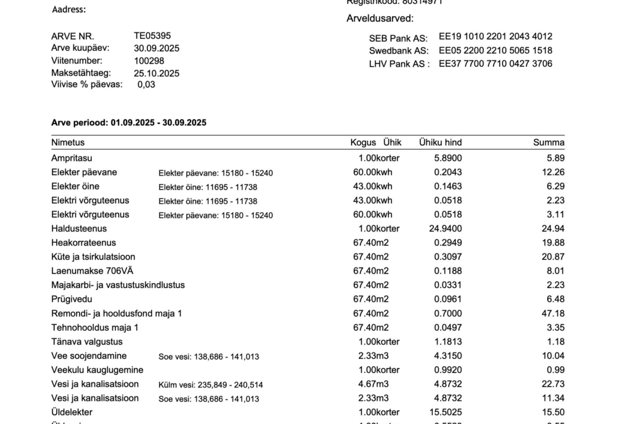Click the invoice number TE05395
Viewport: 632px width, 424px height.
tap(152, 36)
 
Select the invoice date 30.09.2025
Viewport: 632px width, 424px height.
tap(157, 49)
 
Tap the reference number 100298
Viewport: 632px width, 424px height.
tap(149, 61)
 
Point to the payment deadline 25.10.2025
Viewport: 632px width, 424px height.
tap(157, 73)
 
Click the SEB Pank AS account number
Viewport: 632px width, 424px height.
tap(495, 37)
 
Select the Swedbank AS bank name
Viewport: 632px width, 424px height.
tap(399, 51)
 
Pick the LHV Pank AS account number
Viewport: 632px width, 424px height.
tap(495, 64)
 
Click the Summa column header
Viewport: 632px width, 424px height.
tap(548, 143)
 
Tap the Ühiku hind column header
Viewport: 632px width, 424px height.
tap(440, 143)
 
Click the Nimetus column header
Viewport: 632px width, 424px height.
tap(68, 143)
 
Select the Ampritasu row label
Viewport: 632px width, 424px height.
tap(72, 158)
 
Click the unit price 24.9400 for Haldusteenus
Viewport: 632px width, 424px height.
tap(446, 228)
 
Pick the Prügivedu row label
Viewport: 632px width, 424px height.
tap(72, 299)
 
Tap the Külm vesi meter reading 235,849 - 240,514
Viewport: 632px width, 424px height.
tap(211, 385)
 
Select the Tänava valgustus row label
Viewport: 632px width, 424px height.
tap(87, 342)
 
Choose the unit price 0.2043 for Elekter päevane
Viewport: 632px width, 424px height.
tap(448, 172)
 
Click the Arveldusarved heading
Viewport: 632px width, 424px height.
tap(380, 19)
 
